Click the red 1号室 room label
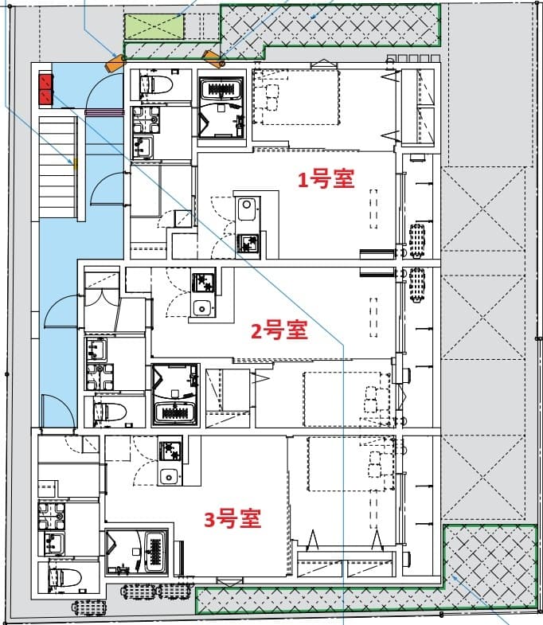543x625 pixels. coord(326,179)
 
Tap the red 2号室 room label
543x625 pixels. coord(279,330)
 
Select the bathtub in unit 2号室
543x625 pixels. coord(174,412)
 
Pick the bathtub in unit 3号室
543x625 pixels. coord(150,548)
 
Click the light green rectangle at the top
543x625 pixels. coord(155,27)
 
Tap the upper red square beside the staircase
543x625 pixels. coord(45,80)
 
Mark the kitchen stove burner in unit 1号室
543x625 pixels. coord(248,243)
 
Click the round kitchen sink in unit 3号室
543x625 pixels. coord(168,477)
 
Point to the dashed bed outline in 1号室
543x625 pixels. coord(297,97)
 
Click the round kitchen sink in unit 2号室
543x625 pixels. coord(202,308)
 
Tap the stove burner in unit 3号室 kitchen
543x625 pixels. coord(170,451)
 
